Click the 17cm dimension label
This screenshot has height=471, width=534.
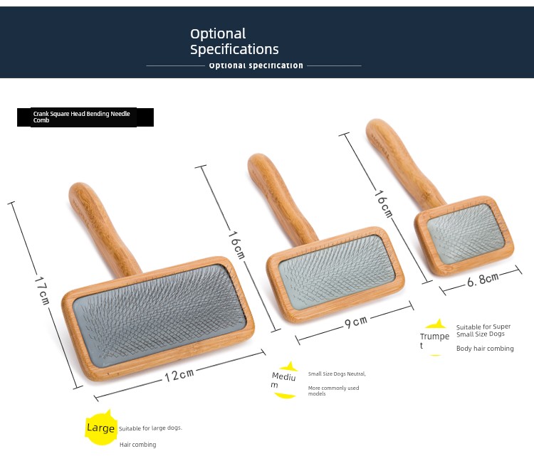[x=42, y=290]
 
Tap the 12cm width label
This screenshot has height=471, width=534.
[x=179, y=375]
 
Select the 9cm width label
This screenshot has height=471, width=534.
[x=356, y=322]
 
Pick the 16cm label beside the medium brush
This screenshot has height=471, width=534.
[x=236, y=245]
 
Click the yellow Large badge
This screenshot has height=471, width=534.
[x=100, y=428]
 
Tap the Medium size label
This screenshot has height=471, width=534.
[x=283, y=380]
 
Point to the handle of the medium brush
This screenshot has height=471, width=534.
[x=279, y=197]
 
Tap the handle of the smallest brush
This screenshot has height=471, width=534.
[x=402, y=162]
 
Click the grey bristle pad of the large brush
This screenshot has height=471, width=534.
[x=159, y=316]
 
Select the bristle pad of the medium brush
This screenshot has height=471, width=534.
[x=337, y=271]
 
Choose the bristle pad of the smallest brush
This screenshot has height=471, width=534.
[x=466, y=234]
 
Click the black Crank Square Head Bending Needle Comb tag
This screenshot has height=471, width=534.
[x=85, y=117]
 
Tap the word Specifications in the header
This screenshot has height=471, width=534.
[x=234, y=50]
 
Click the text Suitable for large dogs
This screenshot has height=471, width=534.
[x=150, y=428]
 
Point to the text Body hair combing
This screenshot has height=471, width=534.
[x=485, y=349]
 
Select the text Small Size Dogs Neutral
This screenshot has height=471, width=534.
[x=337, y=374]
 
